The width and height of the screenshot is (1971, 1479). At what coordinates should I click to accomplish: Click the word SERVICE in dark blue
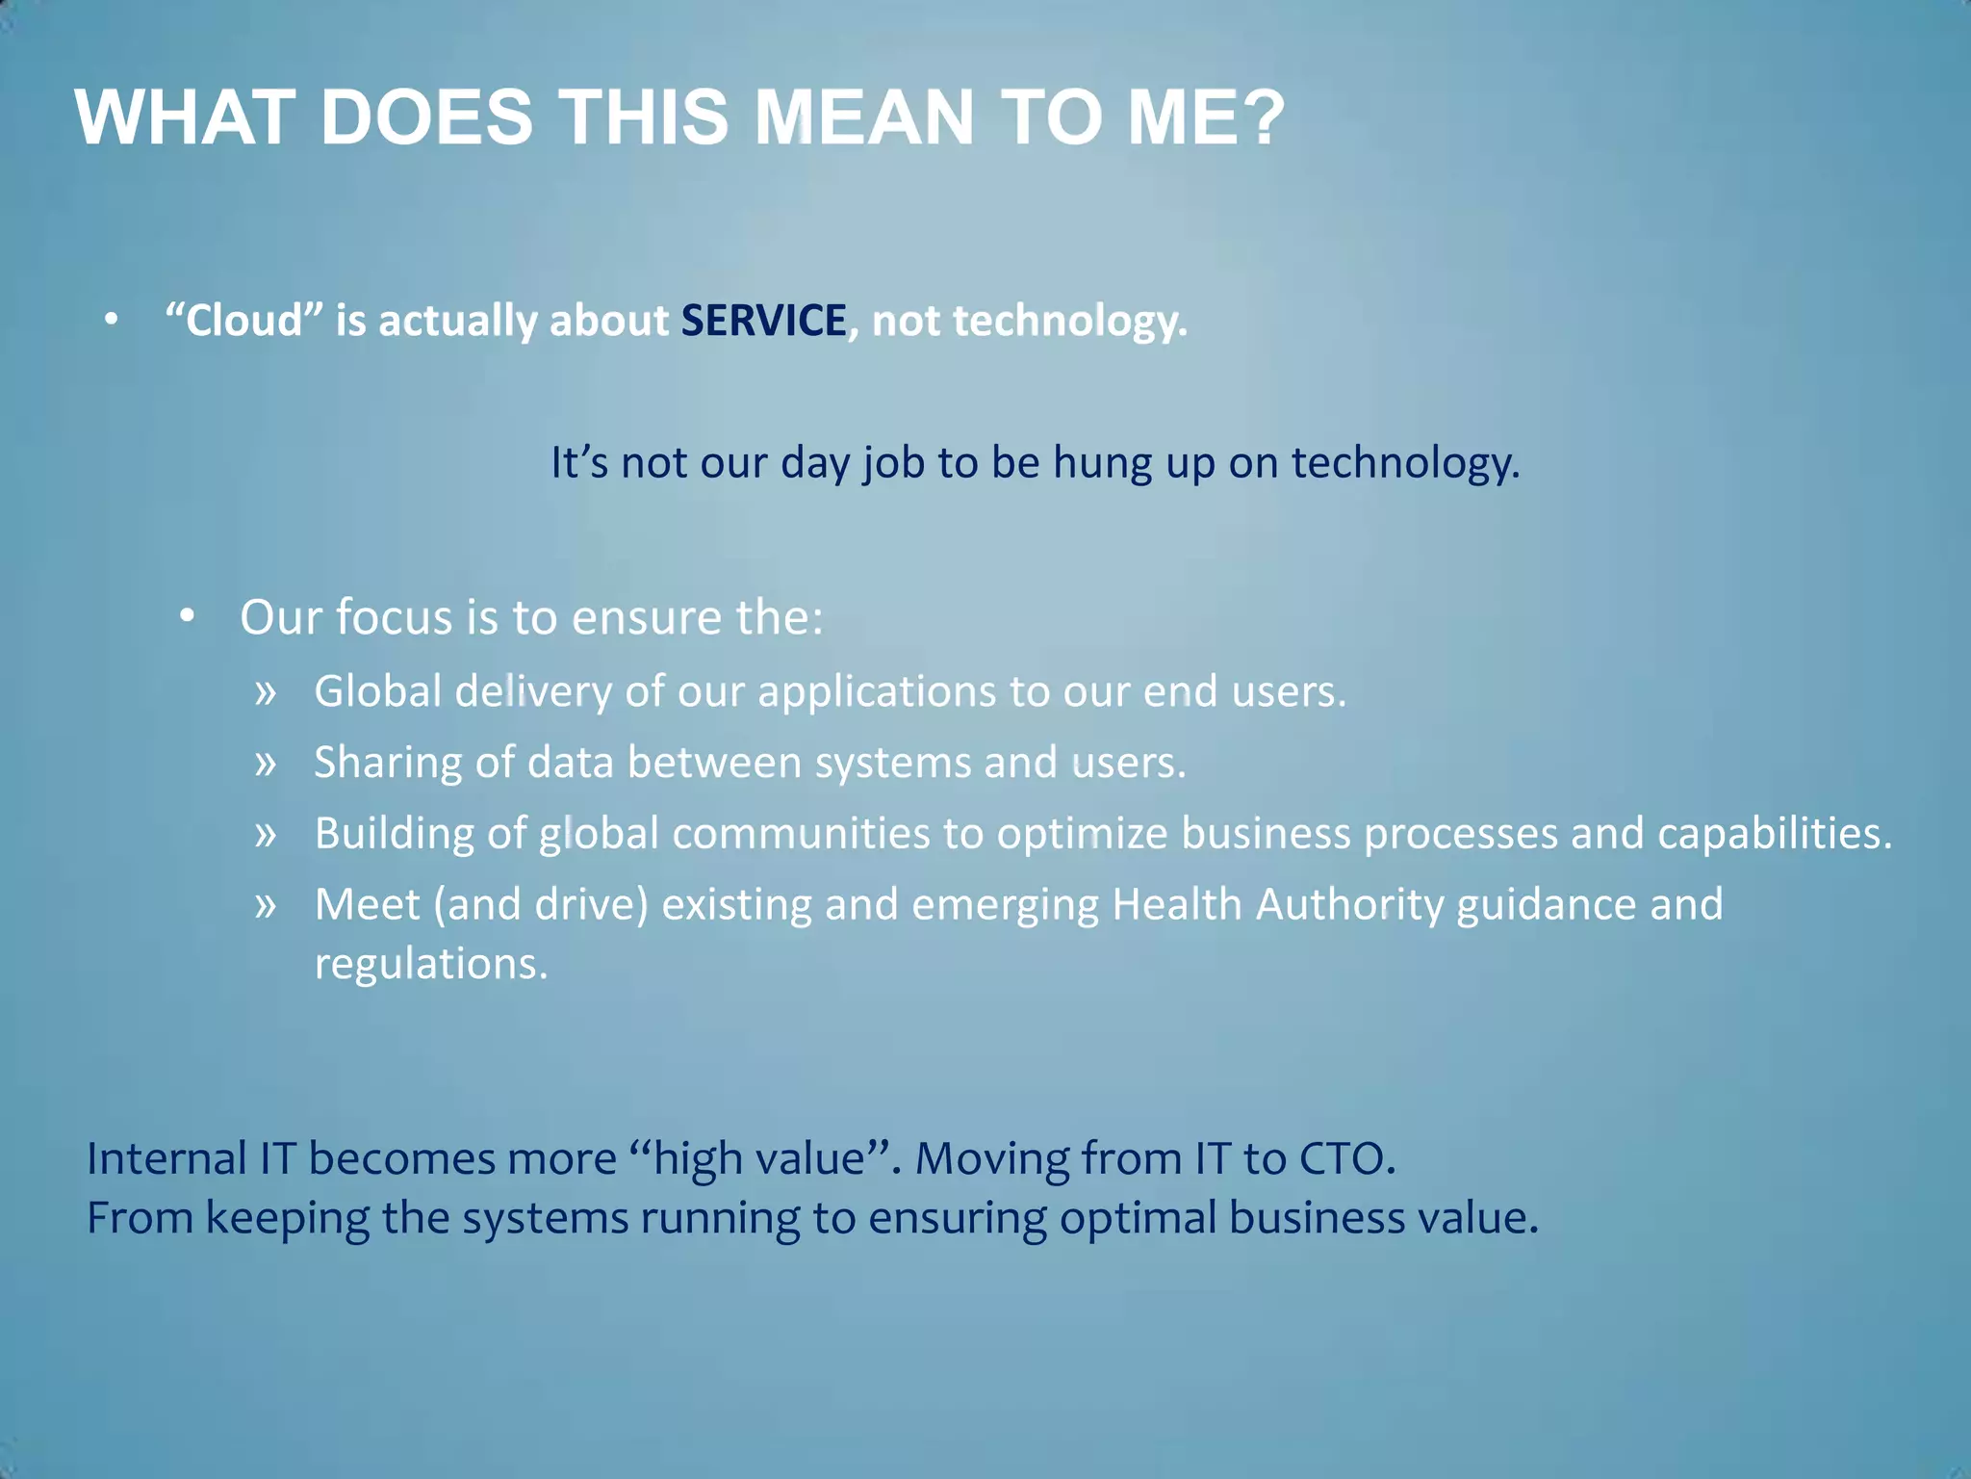[x=763, y=321]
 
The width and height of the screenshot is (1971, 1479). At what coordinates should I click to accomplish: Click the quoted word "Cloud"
[x=243, y=321]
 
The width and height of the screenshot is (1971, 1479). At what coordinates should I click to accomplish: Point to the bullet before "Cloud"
[x=112, y=319]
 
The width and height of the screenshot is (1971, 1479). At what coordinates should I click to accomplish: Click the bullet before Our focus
[x=187, y=615]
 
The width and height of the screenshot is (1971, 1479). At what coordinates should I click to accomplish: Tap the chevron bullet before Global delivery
[x=266, y=692]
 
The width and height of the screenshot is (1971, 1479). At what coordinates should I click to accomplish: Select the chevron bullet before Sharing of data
[x=266, y=764]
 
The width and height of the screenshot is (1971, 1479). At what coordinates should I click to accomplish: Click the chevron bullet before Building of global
[x=266, y=834]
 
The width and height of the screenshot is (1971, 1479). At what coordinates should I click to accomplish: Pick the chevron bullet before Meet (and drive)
[x=266, y=905]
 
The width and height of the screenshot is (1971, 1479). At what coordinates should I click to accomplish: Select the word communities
[x=801, y=834]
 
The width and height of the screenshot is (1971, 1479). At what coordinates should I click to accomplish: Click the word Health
[x=1177, y=905]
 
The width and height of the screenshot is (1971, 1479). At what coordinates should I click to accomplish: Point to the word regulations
[x=430, y=964]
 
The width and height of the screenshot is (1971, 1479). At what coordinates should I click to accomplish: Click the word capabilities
[x=1774, y=834]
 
